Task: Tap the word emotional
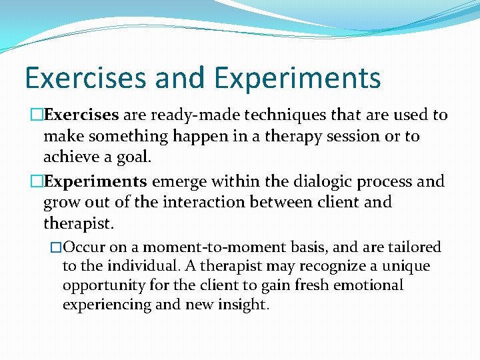(370, 285)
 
